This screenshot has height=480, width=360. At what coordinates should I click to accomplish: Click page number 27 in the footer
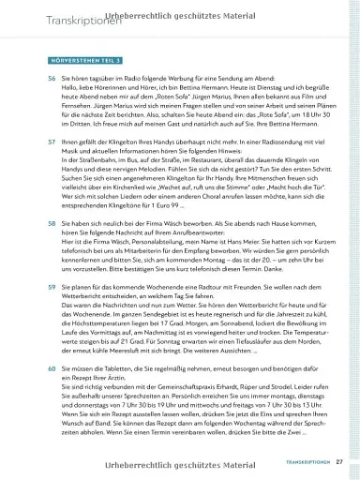pos(338,461)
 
